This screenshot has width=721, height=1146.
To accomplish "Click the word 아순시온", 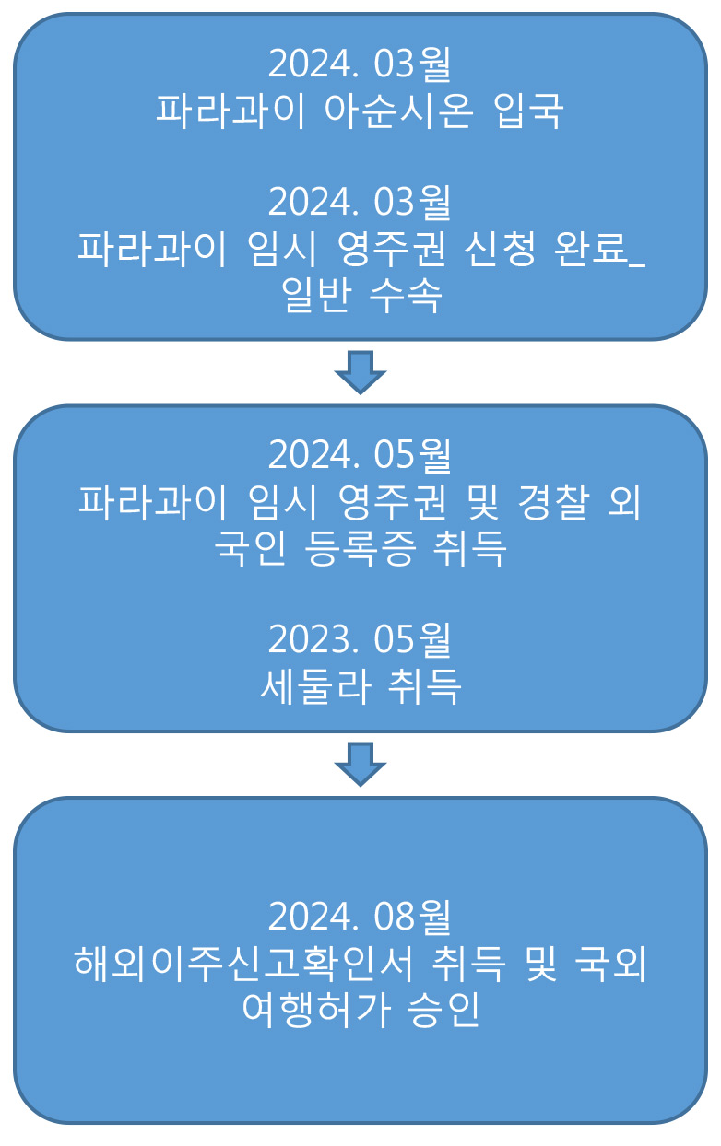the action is (x=399, y=111).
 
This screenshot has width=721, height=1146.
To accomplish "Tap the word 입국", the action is (x=529, y=111).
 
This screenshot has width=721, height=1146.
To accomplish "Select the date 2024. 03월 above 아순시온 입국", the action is (x=360, y=64).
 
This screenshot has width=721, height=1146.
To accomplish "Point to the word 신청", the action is (x=500, y=249).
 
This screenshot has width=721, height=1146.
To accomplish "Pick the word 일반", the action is (x=316, y=295).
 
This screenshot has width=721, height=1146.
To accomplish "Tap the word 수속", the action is (x=406, y=296).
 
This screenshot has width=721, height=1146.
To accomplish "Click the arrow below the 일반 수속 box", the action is (x=360, y=372).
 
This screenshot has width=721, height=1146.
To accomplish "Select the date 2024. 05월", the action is (x=360, y=455).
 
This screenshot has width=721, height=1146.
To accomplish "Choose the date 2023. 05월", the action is (x=360, y=639).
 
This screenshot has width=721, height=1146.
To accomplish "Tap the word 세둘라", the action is (x=316, y=686).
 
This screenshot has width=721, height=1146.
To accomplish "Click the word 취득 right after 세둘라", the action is (x=424, y=686).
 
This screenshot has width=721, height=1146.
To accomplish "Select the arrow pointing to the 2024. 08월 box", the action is (x=360, y=764).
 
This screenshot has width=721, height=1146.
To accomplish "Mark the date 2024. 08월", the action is (x=360, y=917).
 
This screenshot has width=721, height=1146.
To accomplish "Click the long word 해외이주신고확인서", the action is (x=243, y=964).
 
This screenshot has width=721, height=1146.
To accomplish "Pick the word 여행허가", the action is (x=316, y=1010).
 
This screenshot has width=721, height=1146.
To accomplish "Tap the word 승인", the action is (x=443, y=1010).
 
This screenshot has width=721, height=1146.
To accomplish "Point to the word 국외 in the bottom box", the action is (x=610, y=964).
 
